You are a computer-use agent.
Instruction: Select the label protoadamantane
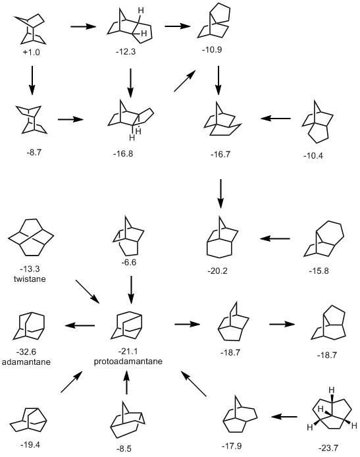[130, 362]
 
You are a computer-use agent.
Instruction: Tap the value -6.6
[130, 263]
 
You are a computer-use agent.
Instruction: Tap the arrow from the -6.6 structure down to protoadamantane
[130, 287]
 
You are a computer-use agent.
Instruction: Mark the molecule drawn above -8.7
[30, 119]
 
